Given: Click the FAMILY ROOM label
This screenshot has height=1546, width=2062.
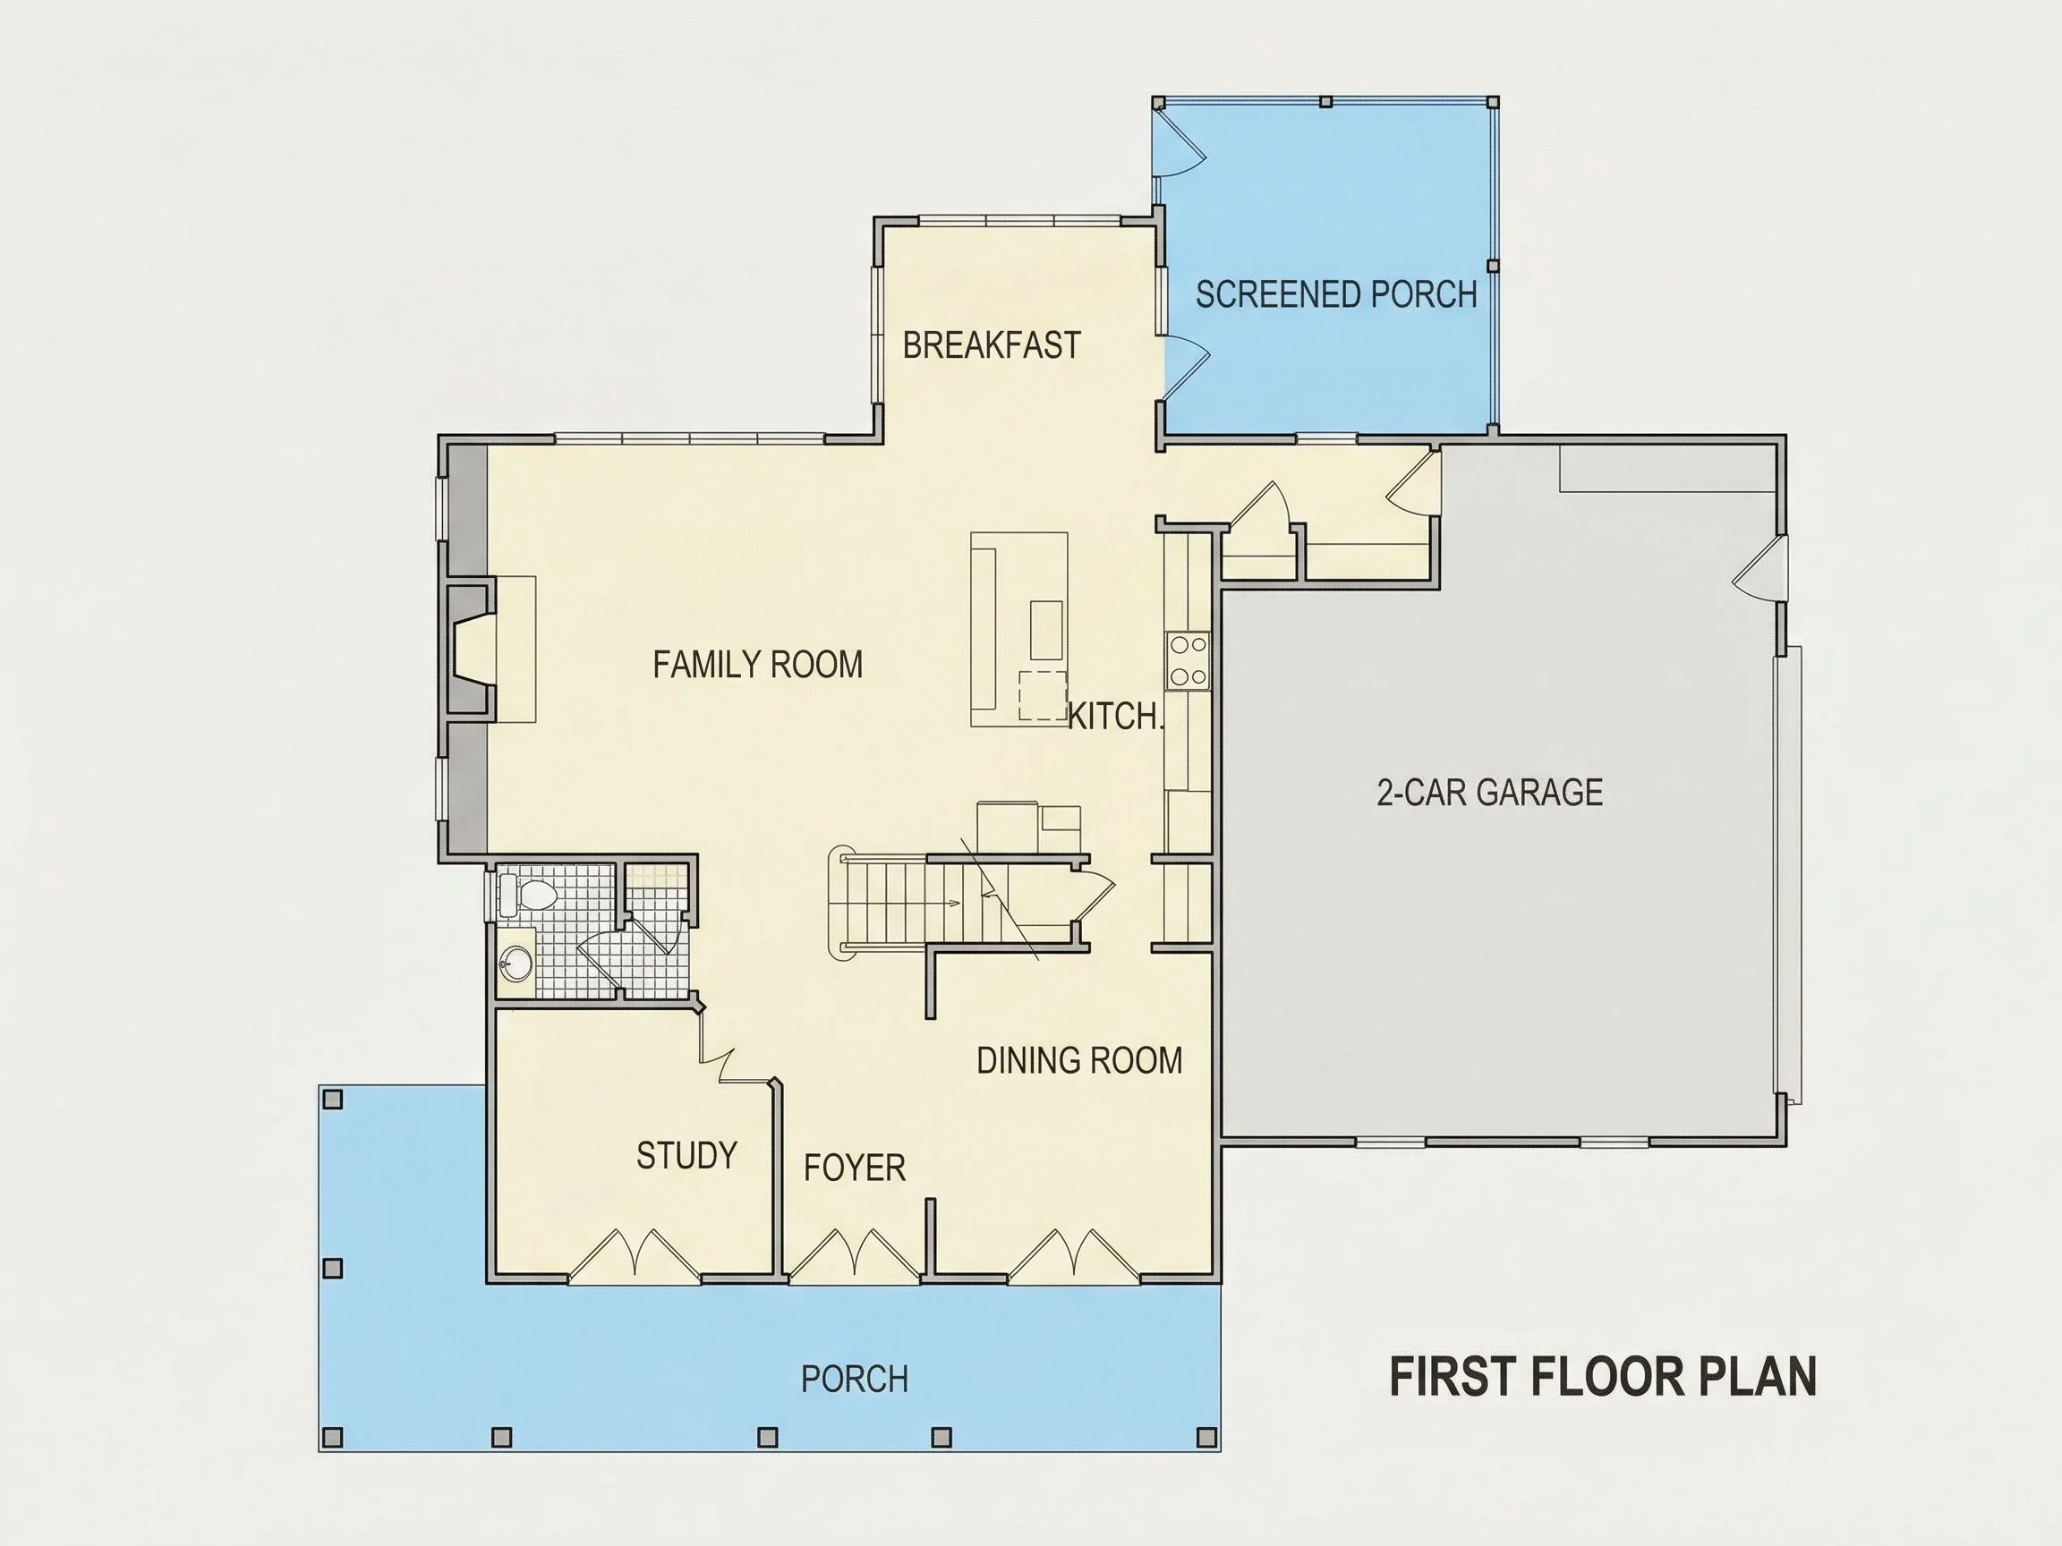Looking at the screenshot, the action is click(758, 665).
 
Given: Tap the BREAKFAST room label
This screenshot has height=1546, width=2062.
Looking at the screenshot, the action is click(992, 344).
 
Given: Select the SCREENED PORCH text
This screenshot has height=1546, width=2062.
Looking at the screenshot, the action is click(1337, 294).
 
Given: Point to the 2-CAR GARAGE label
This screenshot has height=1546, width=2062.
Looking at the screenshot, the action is click(1489, 792).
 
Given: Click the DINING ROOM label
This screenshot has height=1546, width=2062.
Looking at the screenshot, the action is click(1079, 1060).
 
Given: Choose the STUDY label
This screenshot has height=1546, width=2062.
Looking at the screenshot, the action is click(687, 1156).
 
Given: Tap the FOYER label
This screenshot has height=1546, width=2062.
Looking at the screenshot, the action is click(855, 1168).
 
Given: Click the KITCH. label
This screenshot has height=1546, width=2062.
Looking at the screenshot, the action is click(1116, 716).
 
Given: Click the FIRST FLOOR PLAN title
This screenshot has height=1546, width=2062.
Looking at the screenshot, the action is click(1604, 1376).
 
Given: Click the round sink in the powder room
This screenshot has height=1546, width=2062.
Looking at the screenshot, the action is click(515, 962).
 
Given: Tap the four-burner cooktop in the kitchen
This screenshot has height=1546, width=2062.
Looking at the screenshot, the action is click(1188, 659).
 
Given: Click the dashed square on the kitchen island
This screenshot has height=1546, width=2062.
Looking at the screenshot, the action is click(1042, 695).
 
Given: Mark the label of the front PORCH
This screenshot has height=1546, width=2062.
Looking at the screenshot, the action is click(855, 1380).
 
